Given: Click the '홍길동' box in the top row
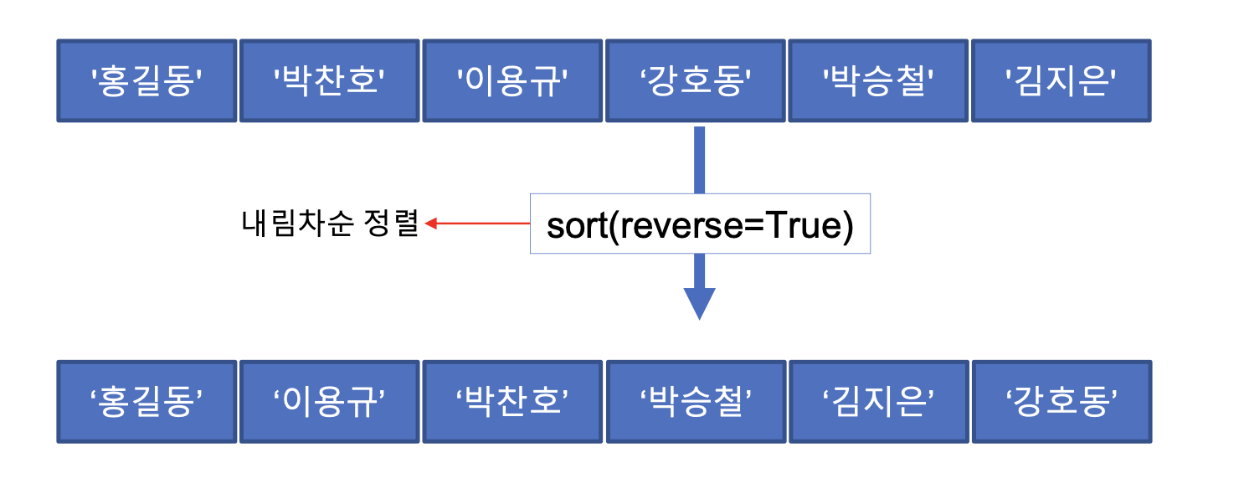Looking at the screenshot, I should [147, 81].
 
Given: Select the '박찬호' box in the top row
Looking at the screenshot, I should [330, 81].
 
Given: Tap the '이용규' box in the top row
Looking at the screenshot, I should [512, 81].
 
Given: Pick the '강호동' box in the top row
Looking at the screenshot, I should [696, 81].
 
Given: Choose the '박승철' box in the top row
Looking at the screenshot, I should [878, 81].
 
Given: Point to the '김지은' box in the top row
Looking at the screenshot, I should [1062, 81].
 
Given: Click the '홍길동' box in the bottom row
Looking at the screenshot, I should [147, 402].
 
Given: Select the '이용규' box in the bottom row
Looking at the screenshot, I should [330, 402].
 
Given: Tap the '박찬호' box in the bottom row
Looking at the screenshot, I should [512, 402].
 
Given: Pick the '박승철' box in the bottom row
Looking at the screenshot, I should [696, 402].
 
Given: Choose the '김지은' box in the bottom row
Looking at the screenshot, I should [878, 402].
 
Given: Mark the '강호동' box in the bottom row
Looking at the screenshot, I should [1062, 402].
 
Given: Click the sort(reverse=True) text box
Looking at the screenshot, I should [700, 224].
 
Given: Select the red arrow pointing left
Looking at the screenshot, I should [477, 224].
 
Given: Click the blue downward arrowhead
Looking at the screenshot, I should [699, 302].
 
